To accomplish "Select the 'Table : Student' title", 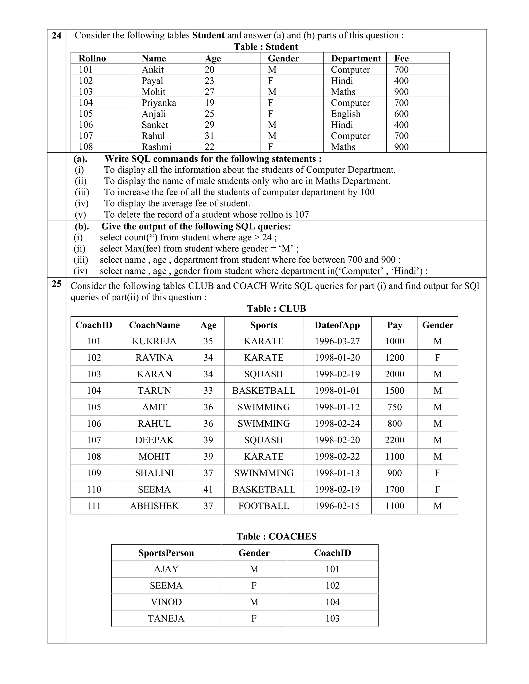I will coord(266,47).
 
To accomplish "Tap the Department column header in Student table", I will coord(356,59).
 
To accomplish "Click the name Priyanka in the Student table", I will coord(159,103).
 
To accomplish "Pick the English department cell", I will coord(345,114).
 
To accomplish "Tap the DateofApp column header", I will coord(337,325).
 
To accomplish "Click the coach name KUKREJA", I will coord(154,341).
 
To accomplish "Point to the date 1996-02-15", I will coord(337,506).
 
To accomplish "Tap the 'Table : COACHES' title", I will coord(276,537).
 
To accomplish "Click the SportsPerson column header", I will coord(166,553).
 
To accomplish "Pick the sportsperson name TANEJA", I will coord(166,618).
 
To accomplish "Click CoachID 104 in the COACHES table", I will coord(332,602).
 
